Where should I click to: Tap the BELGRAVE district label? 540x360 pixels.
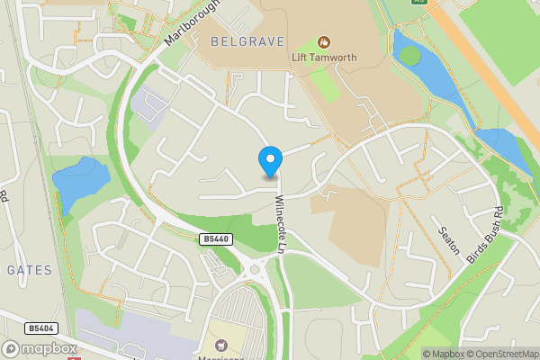coord(247,41)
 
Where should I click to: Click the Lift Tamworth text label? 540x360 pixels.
coord(325,58)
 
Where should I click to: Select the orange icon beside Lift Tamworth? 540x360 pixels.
coord(324,41)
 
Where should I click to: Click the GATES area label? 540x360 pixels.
coord(30,269)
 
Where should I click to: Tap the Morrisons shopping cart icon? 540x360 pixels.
coord(220,344)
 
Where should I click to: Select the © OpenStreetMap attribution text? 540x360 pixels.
coord(499,354)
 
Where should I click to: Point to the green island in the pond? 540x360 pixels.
coord(410,56)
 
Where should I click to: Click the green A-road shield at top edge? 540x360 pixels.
coord(418,3)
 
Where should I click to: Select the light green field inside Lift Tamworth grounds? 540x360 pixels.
coord(326,85)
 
